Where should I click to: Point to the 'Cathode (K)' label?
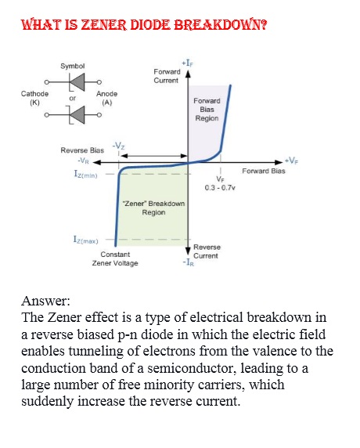[34, 97]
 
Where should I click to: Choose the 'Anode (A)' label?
[107, 97]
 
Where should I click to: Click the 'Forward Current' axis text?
[166, 76]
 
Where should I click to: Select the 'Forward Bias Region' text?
[207, 110]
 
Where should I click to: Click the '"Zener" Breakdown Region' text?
[153, 208]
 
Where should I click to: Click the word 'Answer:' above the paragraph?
[46, 301]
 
